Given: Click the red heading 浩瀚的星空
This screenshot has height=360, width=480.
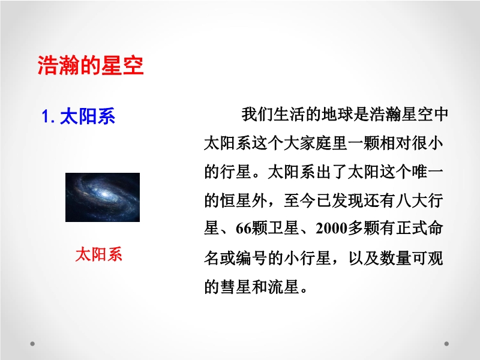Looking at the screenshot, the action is click(91, 65).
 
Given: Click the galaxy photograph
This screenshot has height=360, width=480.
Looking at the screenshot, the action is click(103, 197).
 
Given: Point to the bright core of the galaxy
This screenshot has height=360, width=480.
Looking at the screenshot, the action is click(104, 194).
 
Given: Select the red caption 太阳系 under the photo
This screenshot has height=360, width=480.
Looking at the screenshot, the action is click(98, 254).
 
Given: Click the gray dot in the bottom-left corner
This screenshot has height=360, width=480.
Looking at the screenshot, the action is click(32, 344).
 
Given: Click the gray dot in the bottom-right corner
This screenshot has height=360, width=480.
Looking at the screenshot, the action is click(446, 344).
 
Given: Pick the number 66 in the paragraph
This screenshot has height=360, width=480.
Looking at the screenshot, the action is click(244, 229).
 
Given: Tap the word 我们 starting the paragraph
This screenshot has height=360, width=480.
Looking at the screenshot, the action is click(257, 115).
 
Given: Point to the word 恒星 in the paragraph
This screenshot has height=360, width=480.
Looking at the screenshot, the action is click(236, 200).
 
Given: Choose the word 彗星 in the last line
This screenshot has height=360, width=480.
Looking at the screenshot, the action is click(236, 287).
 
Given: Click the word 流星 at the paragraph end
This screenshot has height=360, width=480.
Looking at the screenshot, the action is click(283, 287).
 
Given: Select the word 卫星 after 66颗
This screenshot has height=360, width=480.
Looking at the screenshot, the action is click(283, 229).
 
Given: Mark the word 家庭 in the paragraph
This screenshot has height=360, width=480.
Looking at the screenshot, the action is click(316, 143).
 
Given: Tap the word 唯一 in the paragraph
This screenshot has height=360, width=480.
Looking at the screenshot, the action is click(427, 172).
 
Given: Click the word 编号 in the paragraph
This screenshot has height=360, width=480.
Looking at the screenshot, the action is click(251, 258).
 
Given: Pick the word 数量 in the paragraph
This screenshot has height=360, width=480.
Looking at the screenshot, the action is click(395, 258).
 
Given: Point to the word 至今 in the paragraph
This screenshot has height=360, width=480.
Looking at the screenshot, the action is click(300, 200).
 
